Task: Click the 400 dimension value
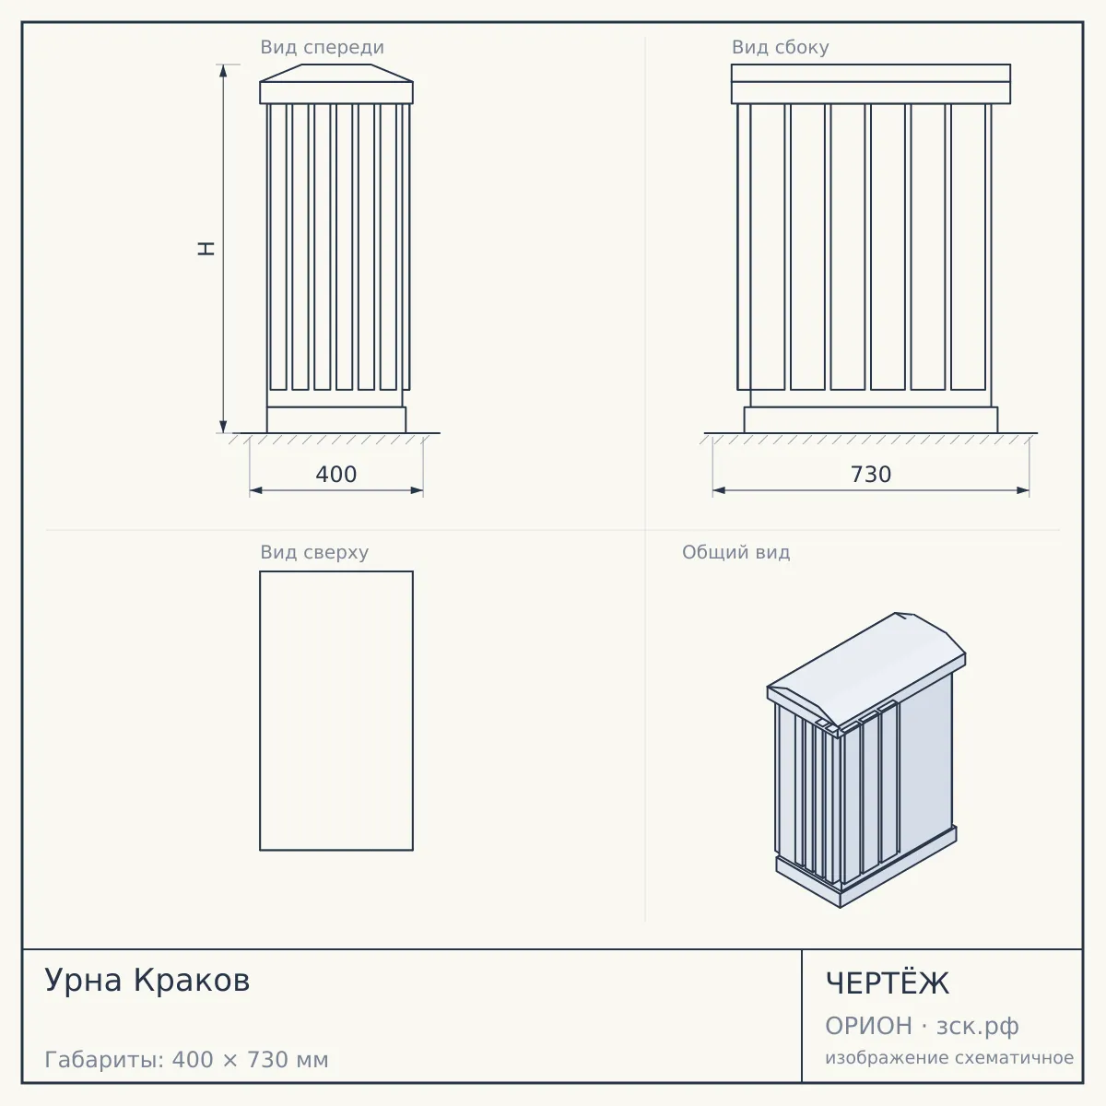(x=335, y=475)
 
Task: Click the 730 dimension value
(x=871, y=475)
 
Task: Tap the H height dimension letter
(x=206, y=249)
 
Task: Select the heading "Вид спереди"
(x=322, y=47)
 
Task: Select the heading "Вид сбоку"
(x=780, y=47)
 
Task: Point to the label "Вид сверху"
(x=314, y=552)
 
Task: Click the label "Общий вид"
(x=735, y=552)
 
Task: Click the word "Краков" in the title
(x=192, y=980)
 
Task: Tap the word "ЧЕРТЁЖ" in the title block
(x=888, y=982)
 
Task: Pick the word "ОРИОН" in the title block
(x=868, y=1026)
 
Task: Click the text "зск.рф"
(x=978, y=1027)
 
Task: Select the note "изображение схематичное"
(x=949, y=1057)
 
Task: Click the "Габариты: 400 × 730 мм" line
(x=186, y=1060)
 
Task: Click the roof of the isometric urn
(x=866, y=673)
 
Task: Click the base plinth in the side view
(x=871, y=420)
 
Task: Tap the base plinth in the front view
(x=336, y=420)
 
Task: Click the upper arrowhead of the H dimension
(x=223, y=70)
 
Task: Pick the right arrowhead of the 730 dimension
(x=1023, y=490)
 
